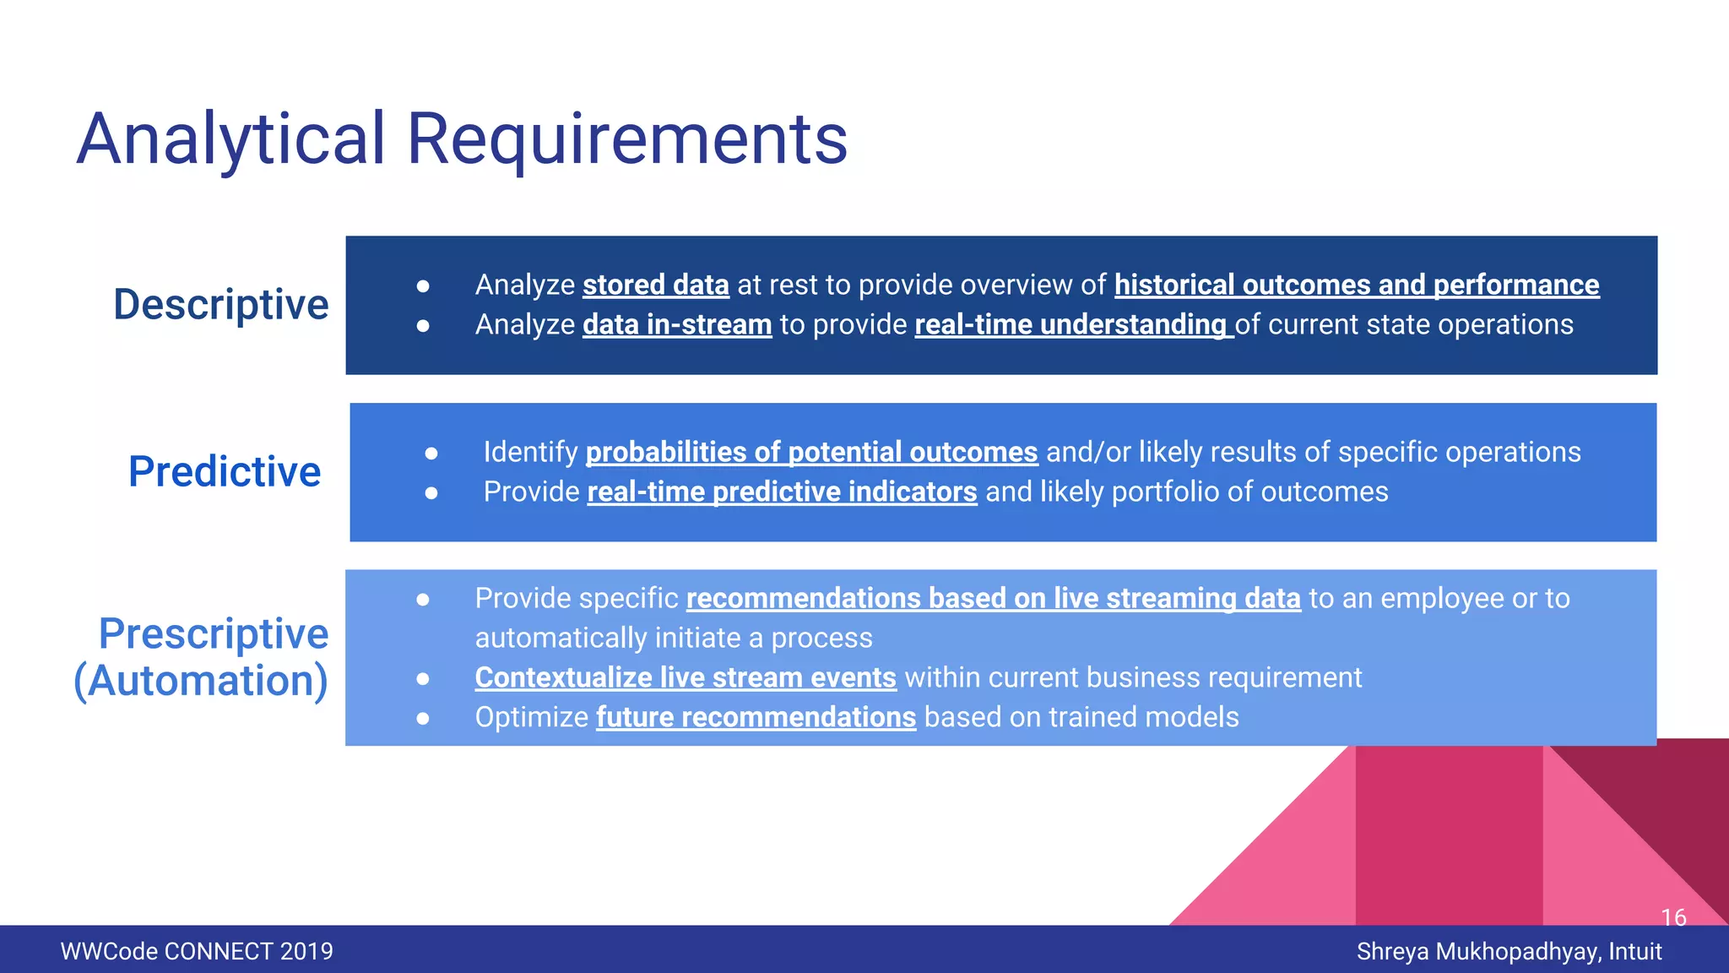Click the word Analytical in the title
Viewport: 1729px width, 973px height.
point(230,139)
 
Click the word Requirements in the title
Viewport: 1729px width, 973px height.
point(626,139)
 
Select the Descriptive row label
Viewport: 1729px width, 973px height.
point(220,304)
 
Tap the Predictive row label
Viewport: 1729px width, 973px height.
point(225,471)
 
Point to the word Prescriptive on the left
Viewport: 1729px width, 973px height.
point(214,633)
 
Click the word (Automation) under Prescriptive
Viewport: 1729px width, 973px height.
point(201,681)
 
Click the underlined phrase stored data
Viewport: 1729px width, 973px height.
point(655,285)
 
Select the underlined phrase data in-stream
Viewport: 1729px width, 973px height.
point(677,325)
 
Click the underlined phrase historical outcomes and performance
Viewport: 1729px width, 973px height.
point(1356,285)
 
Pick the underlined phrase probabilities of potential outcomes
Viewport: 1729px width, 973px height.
point(811,453)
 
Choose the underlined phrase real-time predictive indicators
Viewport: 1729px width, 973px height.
point(782,492)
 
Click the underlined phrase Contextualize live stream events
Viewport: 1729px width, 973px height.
point(685,678)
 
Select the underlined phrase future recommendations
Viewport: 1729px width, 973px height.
point(756,718)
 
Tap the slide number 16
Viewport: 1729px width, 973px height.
point(1673,917)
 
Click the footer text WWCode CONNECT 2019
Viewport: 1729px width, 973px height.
point(197,952)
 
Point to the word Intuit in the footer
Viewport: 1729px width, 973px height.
point(1635,952)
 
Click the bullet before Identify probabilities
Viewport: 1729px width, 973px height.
point(431,454)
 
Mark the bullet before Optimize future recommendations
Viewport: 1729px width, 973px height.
point(423,719)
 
